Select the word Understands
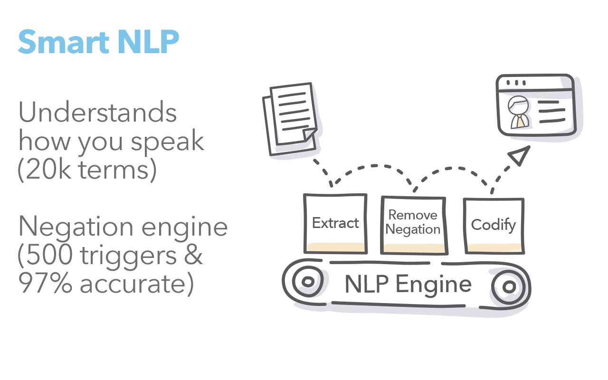[x=97, y=114]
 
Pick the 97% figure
[x=46, y=284]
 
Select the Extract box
[x=335, y=223]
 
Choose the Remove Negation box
[x=413, y=223]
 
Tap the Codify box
[x=493, y=224]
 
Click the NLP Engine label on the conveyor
[x=408, y=284]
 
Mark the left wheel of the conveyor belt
[x=307, y=283]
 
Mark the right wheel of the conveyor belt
[x=509, y=286]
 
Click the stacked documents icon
[x=290, y=119]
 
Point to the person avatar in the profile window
[x=518, y=113]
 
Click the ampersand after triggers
[x=193, y=256]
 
